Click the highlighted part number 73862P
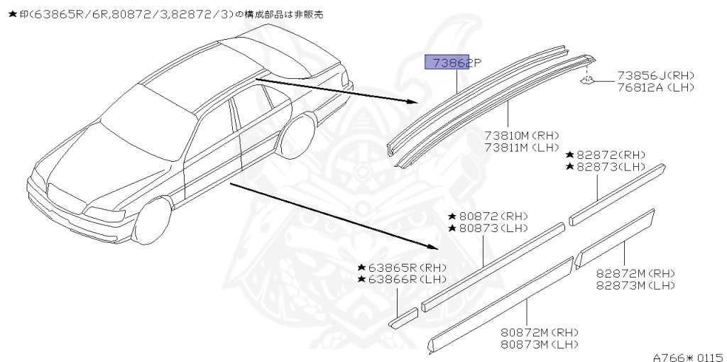tap(452, 63)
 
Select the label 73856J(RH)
tap(655, 75)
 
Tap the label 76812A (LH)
tap(655, 87)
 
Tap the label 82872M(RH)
tap(635, 273)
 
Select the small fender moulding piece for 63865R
tap(403, 317)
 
